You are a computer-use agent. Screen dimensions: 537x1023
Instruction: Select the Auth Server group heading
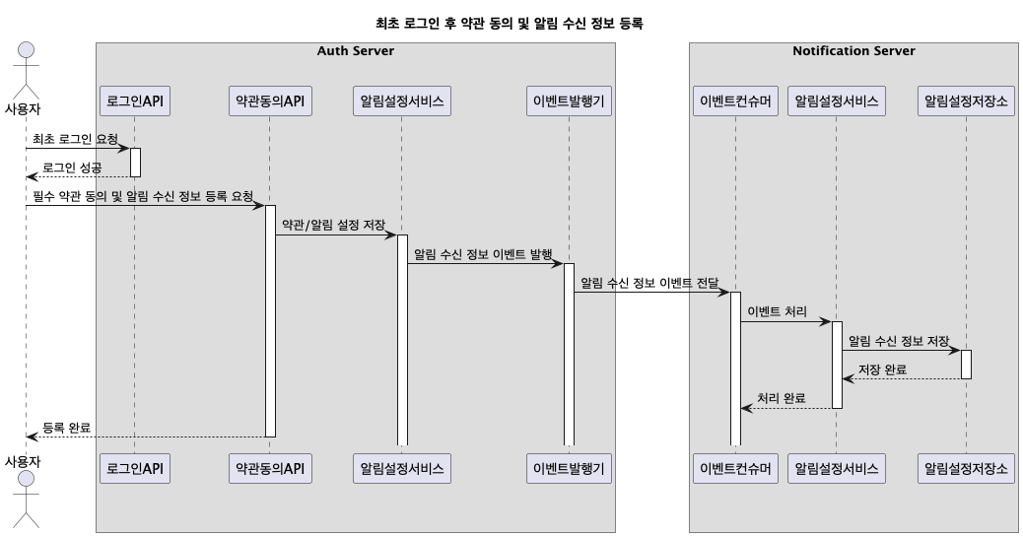[x=355, y=51]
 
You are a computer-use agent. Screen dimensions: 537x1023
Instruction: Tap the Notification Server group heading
[x=853, y=51]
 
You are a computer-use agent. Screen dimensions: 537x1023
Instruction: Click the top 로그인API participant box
[x=135, y=101]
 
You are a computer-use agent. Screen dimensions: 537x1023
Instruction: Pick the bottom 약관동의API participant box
[x=269, y=468]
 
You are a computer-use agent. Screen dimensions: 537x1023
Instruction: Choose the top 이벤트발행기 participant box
[x=569, y=101]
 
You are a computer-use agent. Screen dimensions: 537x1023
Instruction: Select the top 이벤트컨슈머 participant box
[x=735, y=101]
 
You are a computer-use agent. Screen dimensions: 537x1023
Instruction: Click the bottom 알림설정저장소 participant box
[x=966, y=468]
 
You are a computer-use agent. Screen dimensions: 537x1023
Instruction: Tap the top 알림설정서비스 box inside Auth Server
[x=402, y=101]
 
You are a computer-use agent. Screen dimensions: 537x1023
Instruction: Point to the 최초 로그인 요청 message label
[x=75, y=139]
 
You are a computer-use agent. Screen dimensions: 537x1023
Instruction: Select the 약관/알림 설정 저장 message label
[x=333, y=226]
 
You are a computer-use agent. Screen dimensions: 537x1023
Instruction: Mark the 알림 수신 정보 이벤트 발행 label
[x=483, y=254]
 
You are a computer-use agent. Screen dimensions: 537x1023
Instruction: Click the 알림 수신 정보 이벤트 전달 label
[x=649, y=283]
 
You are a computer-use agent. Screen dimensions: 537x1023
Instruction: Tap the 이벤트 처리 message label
[x=777, y=312]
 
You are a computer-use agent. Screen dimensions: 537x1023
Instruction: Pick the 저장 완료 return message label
[x=882, y=369]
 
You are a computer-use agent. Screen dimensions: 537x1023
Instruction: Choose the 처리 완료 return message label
[x=781, y=398]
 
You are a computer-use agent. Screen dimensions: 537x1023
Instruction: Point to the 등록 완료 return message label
[x=66, y=428]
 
